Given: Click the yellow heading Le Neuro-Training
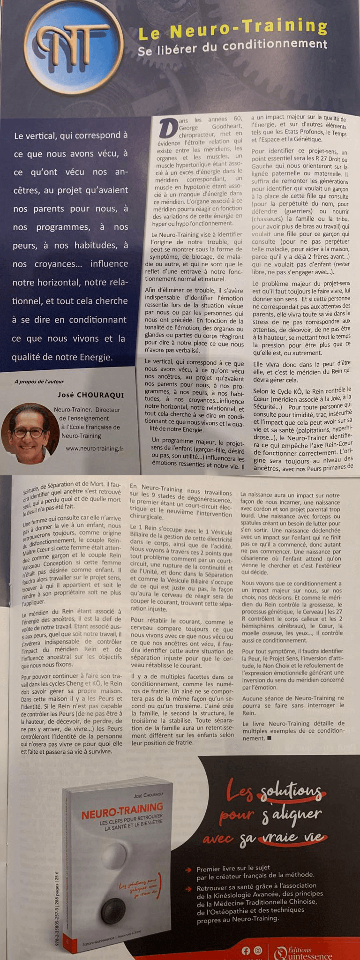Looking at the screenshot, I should pyautogui.click(x=232, y=29).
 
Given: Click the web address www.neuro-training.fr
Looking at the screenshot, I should pyautogui.click(x=94, y=448).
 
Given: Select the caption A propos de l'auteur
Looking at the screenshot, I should pyautogui.click(x=39, y=382).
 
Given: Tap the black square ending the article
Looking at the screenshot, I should pyautogui.click(x=269, y=738).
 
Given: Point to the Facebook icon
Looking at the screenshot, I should pyautogui.click(x=246, y=951).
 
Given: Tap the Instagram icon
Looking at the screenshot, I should pyautogui.click(x=258, y=951).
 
